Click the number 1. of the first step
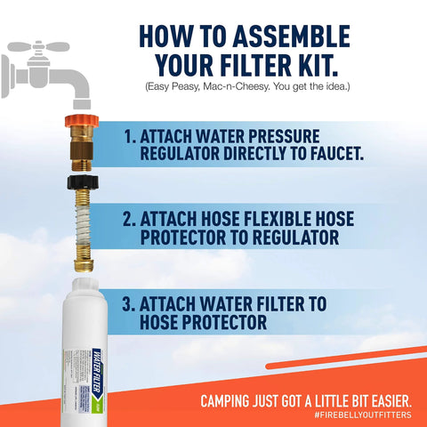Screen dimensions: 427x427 pos(131,138)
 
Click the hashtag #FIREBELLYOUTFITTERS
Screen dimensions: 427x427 pos(363,415)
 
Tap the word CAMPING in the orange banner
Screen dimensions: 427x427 pos(232,399)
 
